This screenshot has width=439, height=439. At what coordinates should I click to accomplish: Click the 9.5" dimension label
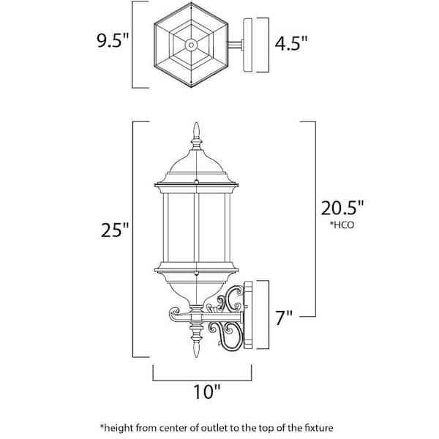(x=113, y=41)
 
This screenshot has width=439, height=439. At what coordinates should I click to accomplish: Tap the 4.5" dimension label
(x=291, y=43)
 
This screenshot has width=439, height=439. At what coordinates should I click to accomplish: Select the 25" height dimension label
(x=115, y=230)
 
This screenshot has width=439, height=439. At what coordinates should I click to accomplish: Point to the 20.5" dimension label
(x=342, y=208)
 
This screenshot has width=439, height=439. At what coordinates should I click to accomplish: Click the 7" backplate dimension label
(x=284, y=318)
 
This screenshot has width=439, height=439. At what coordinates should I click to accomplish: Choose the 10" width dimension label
(x=207, y=391)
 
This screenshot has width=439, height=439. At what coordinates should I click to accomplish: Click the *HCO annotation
(x=342, y=225)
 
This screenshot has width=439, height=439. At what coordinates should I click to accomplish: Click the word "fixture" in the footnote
(x=318, y=428)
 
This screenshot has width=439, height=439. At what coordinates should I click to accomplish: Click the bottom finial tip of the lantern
(x=197, y=352)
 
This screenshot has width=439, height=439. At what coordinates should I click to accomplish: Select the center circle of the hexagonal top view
(x=191, y=45)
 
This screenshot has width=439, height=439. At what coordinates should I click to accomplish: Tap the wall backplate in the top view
(x=248, y=45)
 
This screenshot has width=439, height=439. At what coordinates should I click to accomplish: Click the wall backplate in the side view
(x=248, y=315)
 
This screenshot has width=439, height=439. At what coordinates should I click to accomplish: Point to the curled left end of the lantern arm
(x=175, y=314)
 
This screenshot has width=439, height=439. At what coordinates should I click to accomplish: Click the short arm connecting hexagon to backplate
(x=235, y=45)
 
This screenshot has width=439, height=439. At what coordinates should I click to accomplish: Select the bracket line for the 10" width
(x=202, y=380)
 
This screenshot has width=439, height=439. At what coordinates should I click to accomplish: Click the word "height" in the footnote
(x=118, y=428)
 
